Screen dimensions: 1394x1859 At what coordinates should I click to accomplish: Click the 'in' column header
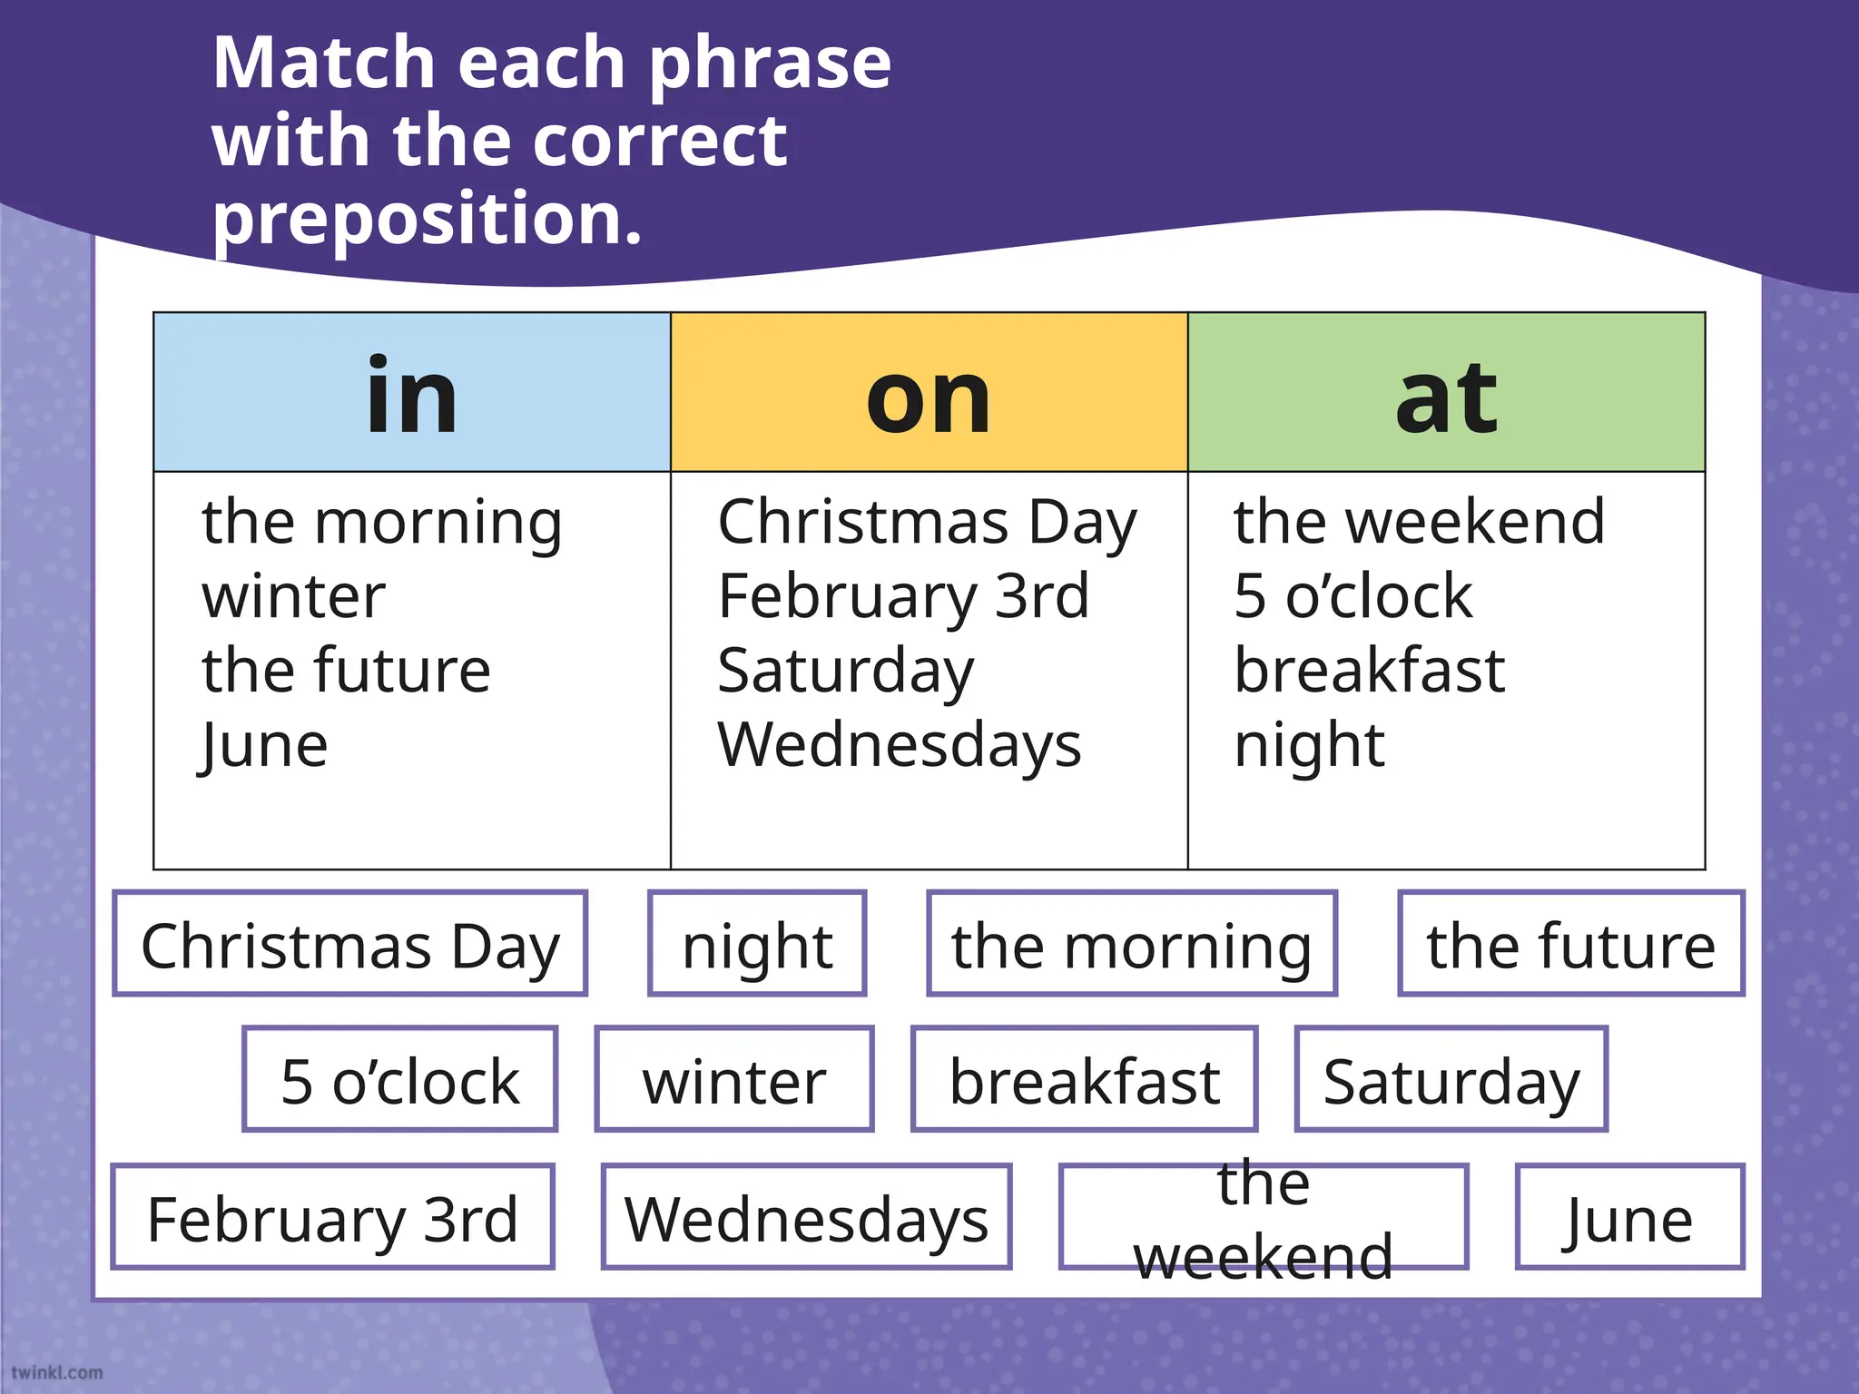[412, 393]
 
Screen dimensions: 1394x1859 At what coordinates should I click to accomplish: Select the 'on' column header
[929, 393]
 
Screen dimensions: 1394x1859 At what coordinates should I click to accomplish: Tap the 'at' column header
[1446, 393]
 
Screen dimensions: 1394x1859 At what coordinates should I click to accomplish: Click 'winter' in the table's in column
[293, 596]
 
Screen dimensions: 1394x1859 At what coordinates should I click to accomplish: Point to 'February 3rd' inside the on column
[903, 596]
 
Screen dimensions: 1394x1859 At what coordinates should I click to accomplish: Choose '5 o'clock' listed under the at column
[1352, 596]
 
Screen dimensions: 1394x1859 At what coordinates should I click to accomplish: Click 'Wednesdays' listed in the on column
[899, 745]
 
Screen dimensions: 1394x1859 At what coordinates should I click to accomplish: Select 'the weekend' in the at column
[1419, 522]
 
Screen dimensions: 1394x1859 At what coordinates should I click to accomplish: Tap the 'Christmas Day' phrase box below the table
[350, 944]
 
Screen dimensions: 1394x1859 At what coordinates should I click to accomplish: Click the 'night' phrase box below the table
[757, 944]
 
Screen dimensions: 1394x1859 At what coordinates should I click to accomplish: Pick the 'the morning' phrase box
[1131, 944]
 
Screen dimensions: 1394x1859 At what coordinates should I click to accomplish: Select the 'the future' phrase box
[1570, 944]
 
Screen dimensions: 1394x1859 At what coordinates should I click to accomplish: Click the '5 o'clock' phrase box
[400, 1080]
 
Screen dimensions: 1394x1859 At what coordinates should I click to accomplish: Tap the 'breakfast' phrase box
[1084, 1080]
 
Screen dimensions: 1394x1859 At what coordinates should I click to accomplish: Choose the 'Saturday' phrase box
[1451, 1080]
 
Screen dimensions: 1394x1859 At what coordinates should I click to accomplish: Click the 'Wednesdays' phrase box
[806, 1217]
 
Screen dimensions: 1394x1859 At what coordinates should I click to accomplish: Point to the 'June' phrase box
[1629, 1217]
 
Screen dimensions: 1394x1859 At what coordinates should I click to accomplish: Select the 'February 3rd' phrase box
[332, 1217]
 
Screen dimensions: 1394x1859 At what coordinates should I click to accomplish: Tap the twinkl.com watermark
[56, 1372]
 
